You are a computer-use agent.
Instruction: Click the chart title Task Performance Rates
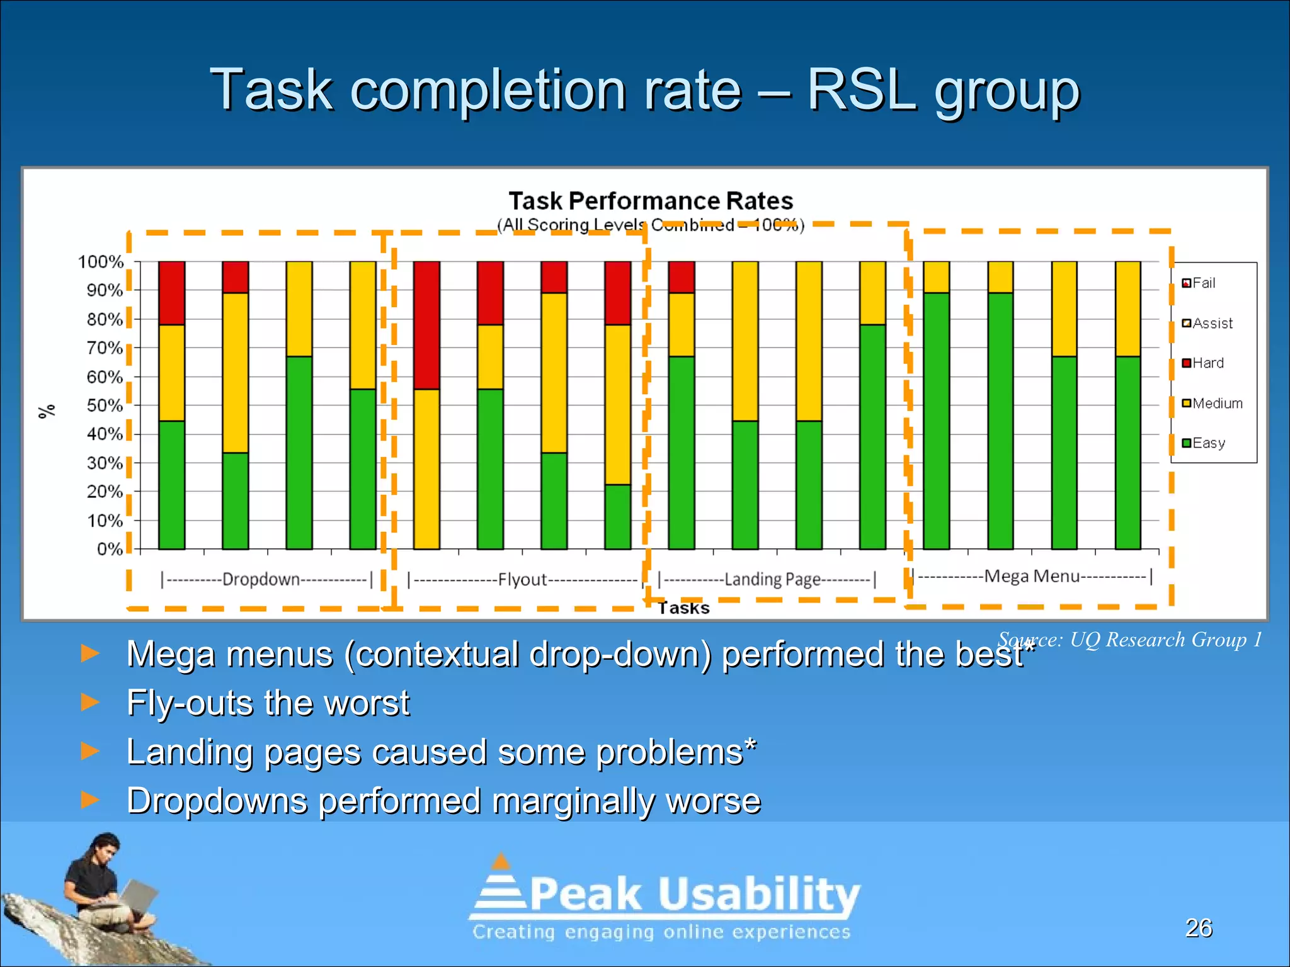[x=650, y=201]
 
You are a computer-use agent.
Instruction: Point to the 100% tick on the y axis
[x=101, y=262]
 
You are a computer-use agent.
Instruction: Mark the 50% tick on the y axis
[x=105, y=405]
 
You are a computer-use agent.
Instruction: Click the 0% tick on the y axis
[x=110, y=549]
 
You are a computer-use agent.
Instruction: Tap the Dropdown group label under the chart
[x=261, y=579]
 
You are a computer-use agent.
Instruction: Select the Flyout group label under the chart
[x=522, y=579]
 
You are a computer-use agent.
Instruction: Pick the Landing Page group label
[x=772, y=579]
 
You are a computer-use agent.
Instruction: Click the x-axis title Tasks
[x=684, y=608]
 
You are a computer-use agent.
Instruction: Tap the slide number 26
[x=1199, y=928]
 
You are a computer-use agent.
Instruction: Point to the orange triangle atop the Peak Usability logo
[x=501, y=861]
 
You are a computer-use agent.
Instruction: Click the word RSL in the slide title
[x=861, y=89]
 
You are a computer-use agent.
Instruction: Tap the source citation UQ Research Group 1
[x=1131, y=640]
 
